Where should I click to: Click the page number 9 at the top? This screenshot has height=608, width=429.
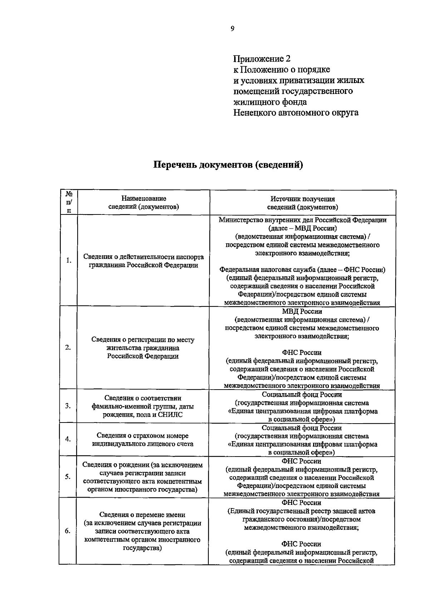[232, 29]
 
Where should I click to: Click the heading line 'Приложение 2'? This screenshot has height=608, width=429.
[262, 58]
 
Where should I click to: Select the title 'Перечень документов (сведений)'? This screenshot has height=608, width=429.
[228, 165]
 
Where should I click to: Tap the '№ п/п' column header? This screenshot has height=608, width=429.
[69, 202]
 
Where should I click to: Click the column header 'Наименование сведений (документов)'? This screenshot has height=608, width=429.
[143, 203]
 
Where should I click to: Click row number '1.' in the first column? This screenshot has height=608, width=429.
[69, 260]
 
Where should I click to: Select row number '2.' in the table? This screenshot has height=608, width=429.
[68, 348]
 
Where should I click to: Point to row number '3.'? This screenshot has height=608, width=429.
[68, 406]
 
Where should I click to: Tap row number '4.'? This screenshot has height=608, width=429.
[68, 439]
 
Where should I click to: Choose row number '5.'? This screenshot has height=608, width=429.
[68, 477]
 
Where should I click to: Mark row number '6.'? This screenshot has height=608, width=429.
[68, 531]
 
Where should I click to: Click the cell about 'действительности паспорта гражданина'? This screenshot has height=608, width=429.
[143, 261]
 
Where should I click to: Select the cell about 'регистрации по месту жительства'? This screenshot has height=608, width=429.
[143, 348]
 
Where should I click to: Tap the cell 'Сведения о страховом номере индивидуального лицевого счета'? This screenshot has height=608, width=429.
[143, 440]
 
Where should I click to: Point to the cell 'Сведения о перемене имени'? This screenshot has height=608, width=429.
[142, 515]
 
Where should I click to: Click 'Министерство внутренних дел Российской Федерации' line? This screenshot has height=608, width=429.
[302, 220]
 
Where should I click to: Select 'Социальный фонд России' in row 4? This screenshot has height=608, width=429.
[302, 428]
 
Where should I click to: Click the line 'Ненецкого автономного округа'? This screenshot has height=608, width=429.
[296, 113]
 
